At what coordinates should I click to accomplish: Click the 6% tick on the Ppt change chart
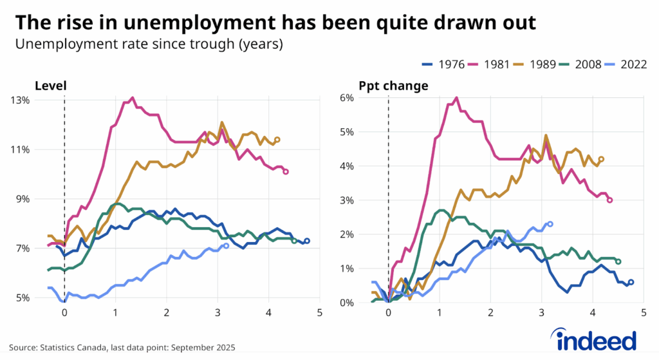coord(347,97)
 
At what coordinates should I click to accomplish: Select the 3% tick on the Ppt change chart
coord(347,200)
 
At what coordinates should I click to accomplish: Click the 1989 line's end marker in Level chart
coord(277,139)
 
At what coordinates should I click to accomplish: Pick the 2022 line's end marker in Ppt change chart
coord(550,224)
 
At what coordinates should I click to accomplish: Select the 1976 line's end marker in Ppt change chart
coord(631,282)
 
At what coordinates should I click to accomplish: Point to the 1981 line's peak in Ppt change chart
coord(456,98)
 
